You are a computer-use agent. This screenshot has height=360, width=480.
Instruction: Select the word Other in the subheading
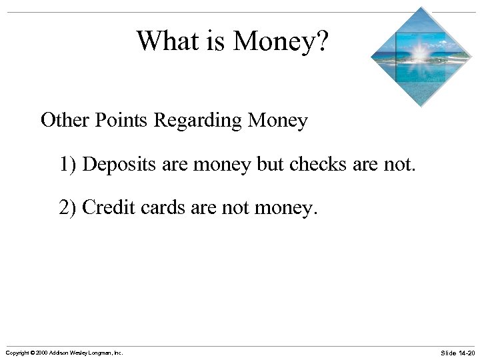[x=66, y=121]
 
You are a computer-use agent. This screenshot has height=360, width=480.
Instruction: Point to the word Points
[x=121, y=121]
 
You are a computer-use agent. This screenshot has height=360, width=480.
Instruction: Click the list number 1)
[x=69, y=164]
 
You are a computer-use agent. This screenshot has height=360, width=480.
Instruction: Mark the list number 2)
[x=69, y=208]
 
